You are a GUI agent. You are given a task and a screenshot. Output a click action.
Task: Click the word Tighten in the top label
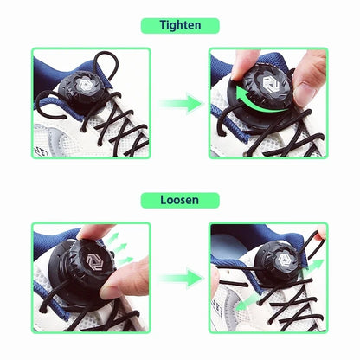[180, 25]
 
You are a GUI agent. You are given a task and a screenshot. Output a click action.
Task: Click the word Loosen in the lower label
[179, 200]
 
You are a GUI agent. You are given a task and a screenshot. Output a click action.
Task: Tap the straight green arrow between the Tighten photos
[181, 103]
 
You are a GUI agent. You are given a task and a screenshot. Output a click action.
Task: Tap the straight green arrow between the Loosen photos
[181, 278]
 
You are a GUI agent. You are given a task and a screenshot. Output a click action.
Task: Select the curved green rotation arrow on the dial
[260, 102]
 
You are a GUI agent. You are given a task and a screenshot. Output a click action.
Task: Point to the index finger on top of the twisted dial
[243, 65]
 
